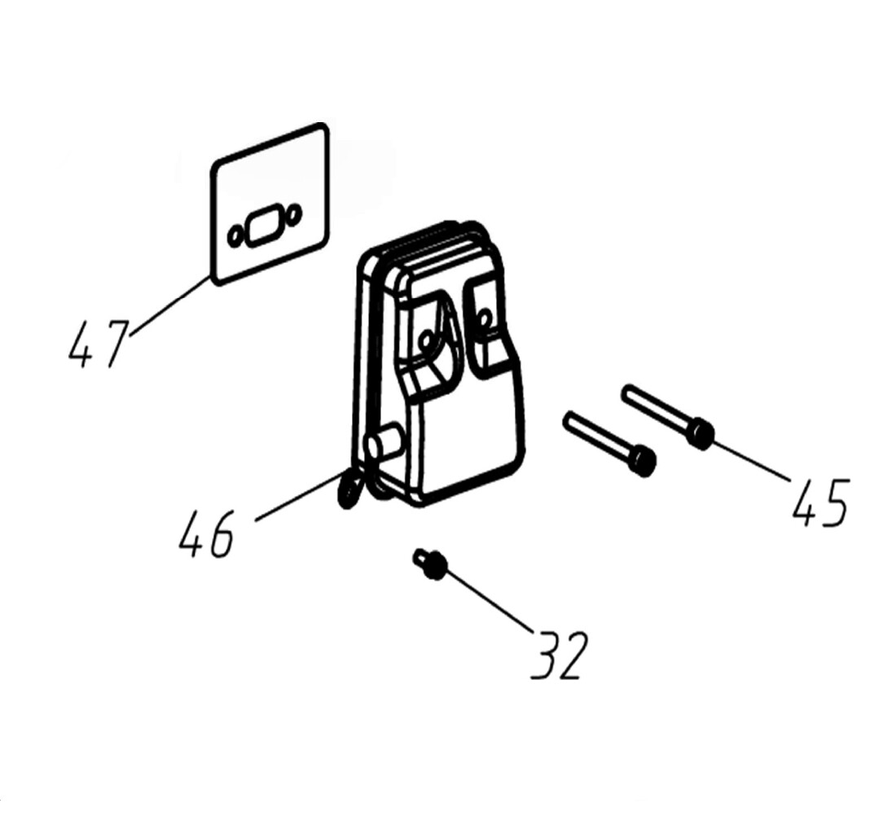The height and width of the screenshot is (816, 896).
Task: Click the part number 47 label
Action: (x=97, y=344)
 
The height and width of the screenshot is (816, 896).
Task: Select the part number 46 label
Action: (x=206, y=534)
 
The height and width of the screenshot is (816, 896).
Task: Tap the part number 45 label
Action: (x=820, y=502)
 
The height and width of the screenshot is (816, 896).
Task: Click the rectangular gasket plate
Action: (x=270, y=204)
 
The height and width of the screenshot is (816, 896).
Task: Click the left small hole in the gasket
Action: (x=235, y=236)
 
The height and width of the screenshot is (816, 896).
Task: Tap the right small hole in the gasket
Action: (x=294, y=213)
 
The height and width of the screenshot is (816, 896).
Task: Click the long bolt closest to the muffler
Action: (x=610, y=444)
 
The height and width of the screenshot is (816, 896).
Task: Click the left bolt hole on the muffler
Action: (x=425, y=341)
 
